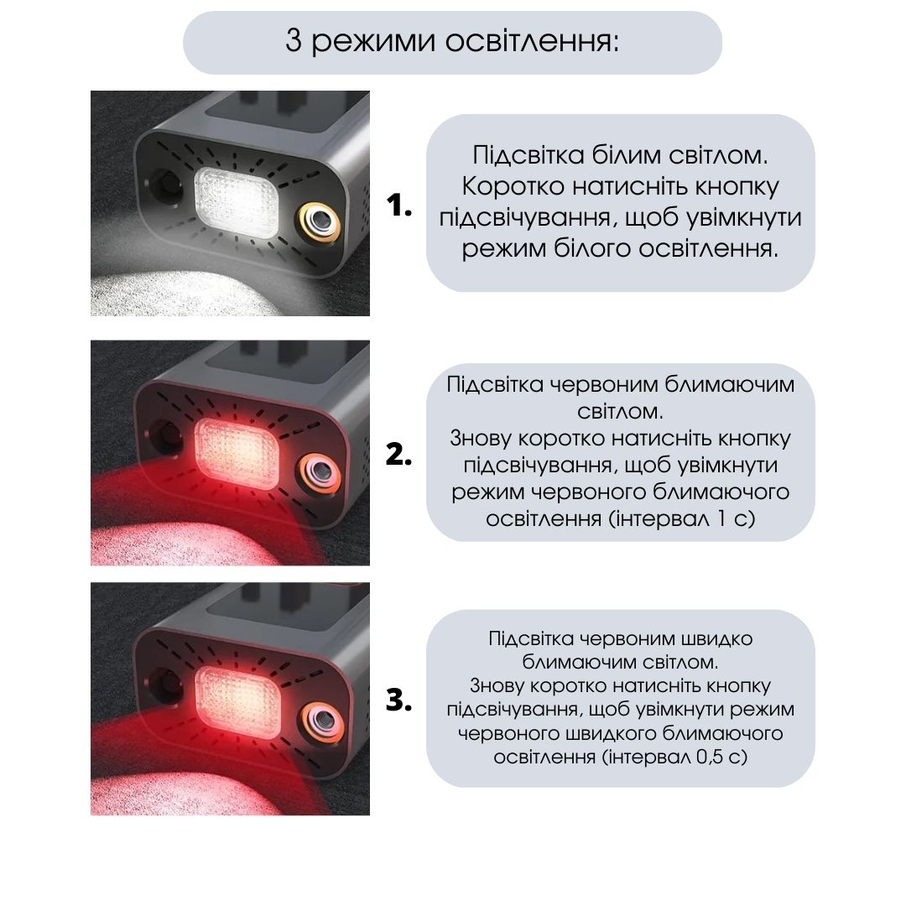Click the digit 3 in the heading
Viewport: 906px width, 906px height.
click(294, 41)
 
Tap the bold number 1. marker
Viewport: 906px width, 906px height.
click(398, 206)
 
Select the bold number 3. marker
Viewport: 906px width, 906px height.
click(398, 700)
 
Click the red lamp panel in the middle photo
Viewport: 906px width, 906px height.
click(237, 452)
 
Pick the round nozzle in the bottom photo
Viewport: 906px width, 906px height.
click(320, 720)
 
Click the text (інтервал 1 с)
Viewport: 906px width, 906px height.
click(682, 518)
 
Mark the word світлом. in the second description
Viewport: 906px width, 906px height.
click(620, 411)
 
